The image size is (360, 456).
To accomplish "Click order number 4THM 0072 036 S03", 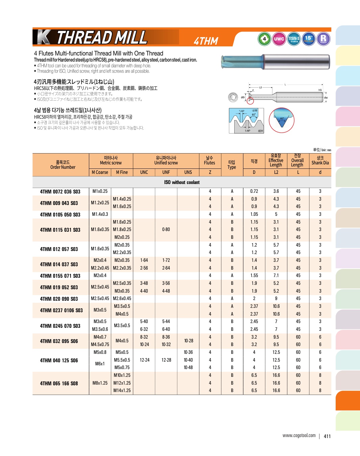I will click(60, 191).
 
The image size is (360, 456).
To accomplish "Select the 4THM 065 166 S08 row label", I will click(59, 383).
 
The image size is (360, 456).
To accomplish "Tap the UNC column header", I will click(144, 172).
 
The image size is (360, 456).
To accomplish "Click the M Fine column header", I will click(122, 172).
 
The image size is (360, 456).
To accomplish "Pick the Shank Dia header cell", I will click(320, 161).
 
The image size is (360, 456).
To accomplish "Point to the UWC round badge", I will click(279, 39).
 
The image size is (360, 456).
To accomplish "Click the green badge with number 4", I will click(264, 39).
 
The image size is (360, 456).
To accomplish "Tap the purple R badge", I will click(323, 39).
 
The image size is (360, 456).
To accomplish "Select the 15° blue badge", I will click(309, 39).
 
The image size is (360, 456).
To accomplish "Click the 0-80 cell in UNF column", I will click(166, 229).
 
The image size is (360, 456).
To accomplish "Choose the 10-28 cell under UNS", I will click(189, 341).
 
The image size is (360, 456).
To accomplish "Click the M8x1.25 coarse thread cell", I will click(100, 383).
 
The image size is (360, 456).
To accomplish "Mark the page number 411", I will click(327, 436).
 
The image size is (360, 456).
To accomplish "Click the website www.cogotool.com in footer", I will click(299, 436).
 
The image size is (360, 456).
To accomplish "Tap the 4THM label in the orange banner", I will click(206, 41).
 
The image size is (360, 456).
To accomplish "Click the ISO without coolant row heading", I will click(182, 182).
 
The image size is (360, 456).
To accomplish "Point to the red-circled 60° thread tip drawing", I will click(282, 120).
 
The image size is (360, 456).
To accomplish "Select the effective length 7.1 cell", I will click(276, 276).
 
